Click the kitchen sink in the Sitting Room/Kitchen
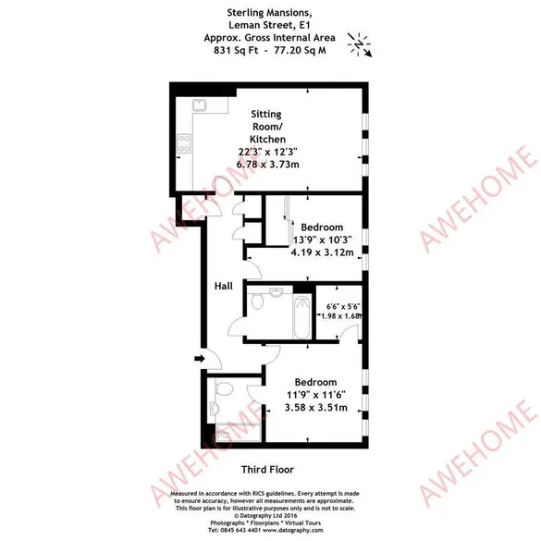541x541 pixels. (x=200, y=105)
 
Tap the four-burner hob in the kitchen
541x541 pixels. (x=184, y=143)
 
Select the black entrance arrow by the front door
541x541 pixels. (x=200, y=359)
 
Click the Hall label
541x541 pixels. (x=224, y=286)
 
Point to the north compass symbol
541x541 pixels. (x=360, y=45)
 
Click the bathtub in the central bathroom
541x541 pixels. (x=301, y=316)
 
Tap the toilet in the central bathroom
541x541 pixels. (x=257, y=301)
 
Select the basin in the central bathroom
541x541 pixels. (x=276, y=292)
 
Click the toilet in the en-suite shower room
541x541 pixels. (x=224, y=389)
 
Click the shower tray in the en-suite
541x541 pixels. (x=238, y=433)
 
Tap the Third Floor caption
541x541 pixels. (x=267, y=470)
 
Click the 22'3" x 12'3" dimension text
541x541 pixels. (x=268, y=152)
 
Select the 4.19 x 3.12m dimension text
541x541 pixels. (x=322, y=252)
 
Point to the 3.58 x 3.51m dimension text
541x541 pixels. (x=316, y=408)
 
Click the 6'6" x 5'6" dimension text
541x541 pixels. (x=343, y=306)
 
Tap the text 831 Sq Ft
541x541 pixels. (x=236, y=50)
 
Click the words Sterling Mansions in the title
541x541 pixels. (x=269, y=13)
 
